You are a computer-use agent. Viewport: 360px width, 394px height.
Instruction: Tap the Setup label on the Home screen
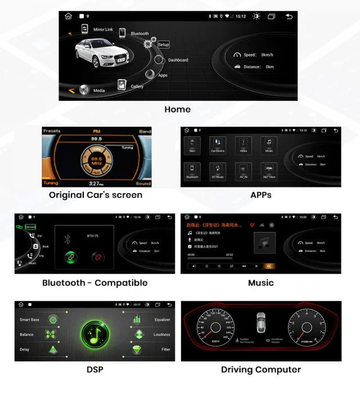point(163,44)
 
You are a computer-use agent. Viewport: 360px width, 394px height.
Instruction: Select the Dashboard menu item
point(178,60)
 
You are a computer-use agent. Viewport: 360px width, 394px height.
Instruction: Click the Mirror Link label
point(103,29)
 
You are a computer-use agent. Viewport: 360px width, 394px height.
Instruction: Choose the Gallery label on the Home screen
point(137,87)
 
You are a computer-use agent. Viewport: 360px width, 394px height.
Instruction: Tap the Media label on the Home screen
point(99,90)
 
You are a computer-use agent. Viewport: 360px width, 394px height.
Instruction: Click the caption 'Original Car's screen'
point(96,195)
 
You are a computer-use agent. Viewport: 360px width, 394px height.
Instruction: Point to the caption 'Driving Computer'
point(260,370)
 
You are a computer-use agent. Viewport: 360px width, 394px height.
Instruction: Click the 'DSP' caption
point(94,370)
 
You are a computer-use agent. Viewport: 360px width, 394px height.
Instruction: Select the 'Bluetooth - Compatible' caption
point(94,283)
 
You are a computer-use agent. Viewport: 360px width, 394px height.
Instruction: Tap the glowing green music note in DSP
point(94,334)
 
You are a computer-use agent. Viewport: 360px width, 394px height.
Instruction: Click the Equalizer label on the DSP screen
point(162,320)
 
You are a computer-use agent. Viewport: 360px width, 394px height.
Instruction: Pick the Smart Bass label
point(29,320)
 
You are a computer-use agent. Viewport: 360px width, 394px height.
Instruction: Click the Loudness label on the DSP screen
point(162,334)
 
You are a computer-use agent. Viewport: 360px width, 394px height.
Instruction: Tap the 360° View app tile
point(269,171)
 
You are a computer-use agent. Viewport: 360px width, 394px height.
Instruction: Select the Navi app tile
point(192,145)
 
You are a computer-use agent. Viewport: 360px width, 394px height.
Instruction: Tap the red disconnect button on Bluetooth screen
point(97,257)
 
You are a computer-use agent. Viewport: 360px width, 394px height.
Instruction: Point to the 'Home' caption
point(177,109)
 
